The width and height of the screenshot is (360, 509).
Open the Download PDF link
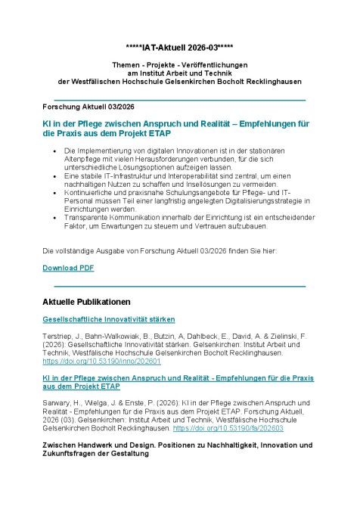68,268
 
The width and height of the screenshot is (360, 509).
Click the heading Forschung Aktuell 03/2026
88,107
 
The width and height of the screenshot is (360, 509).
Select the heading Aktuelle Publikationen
87,302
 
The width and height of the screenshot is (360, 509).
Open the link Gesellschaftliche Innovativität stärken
109,319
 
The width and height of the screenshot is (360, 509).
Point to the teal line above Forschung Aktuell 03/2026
179,99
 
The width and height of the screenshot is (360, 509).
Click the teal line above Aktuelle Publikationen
179,287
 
